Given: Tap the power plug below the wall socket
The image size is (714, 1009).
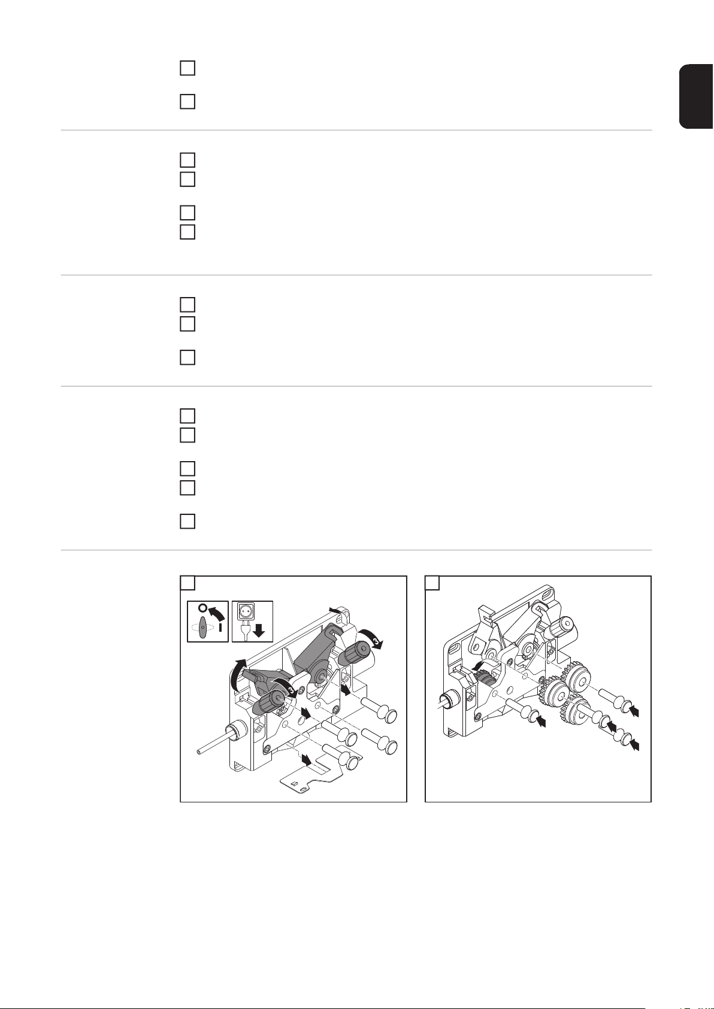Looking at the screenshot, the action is [x=246, y=630].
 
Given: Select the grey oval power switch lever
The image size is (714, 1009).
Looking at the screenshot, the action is [x=203, y=626].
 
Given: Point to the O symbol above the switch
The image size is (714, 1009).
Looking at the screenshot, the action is [x=203, y=608].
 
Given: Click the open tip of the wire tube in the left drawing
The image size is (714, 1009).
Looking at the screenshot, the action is [x=199, y=751].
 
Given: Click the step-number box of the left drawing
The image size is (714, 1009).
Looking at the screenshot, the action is [x=187, y=583].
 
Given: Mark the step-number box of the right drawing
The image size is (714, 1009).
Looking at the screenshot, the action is [x=432, y=583].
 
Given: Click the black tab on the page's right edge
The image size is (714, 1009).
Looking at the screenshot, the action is [x=697, y=96].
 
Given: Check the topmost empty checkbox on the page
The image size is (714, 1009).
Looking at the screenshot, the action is [x=187, y=68].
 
